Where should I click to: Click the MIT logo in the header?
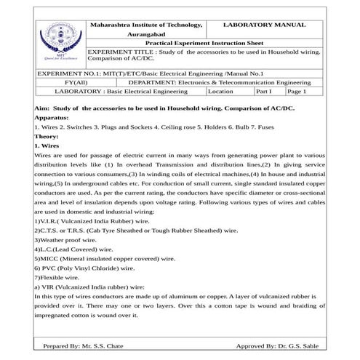tap(60, 44)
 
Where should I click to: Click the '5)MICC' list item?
tap(105, 257)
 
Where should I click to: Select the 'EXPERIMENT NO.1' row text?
tap(148, 73)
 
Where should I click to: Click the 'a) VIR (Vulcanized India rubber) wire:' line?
tap(95, 287)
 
